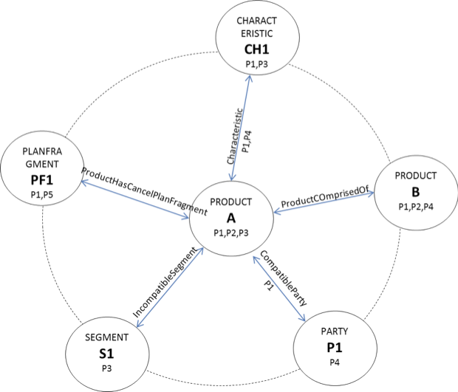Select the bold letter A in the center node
tap(230, 218)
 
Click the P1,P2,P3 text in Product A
tap(230, 233)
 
